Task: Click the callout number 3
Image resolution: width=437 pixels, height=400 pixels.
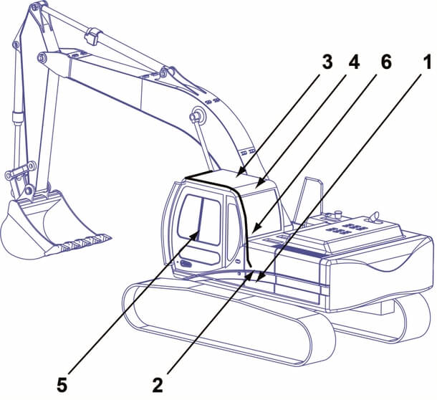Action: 327,62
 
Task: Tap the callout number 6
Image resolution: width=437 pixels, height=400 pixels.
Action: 385,62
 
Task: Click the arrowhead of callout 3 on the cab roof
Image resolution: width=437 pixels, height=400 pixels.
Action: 239,173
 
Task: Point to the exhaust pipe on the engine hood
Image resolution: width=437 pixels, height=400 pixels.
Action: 373,216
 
